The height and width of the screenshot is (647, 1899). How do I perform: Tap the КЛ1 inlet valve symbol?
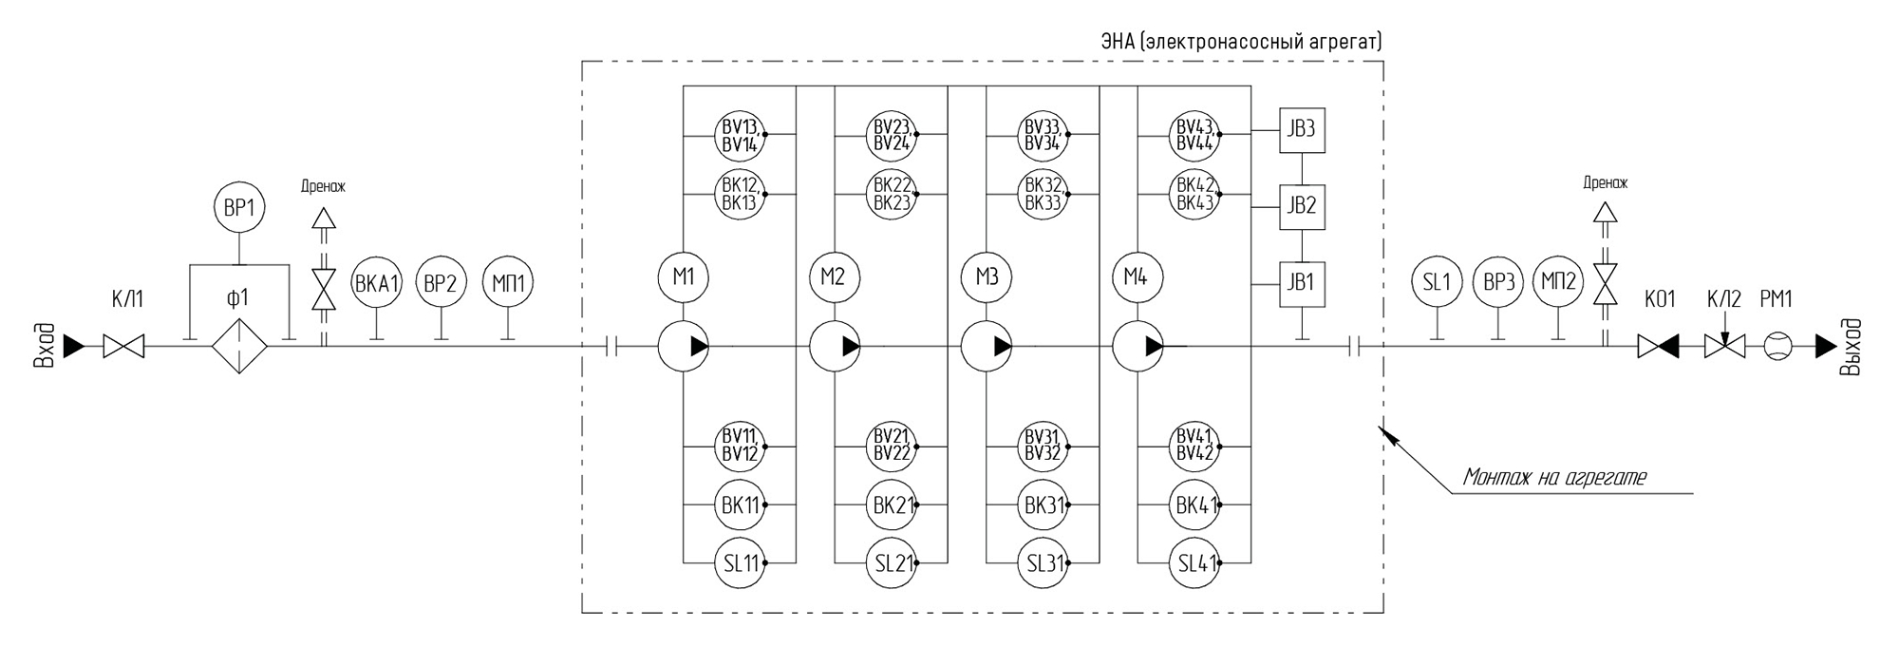point(123,346)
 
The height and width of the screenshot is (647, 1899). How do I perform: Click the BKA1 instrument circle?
point(376,282)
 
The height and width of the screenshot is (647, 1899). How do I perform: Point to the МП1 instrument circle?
point(508,282)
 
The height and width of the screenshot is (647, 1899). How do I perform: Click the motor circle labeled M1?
point(683,277)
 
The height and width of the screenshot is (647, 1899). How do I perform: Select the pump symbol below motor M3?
point(987,346)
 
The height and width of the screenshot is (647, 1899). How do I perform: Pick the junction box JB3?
point(1301,128)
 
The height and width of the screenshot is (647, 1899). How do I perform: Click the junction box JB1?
point(1301,283)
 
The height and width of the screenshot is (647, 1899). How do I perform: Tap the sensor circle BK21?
point(892,505)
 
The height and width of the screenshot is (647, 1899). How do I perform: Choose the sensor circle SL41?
point(1195,563)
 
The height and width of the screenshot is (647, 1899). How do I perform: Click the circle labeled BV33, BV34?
point(1044,135)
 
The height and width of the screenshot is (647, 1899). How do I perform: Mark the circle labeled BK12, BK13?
point(740,194)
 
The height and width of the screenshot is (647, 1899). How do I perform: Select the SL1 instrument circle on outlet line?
point(1437,282)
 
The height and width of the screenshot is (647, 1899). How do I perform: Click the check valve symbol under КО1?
point(1658,346)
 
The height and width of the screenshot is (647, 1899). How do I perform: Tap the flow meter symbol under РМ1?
point(1776,346)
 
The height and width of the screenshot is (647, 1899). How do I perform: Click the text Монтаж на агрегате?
point(1553,477)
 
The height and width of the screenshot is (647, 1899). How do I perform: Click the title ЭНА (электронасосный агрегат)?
point(1240,42)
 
